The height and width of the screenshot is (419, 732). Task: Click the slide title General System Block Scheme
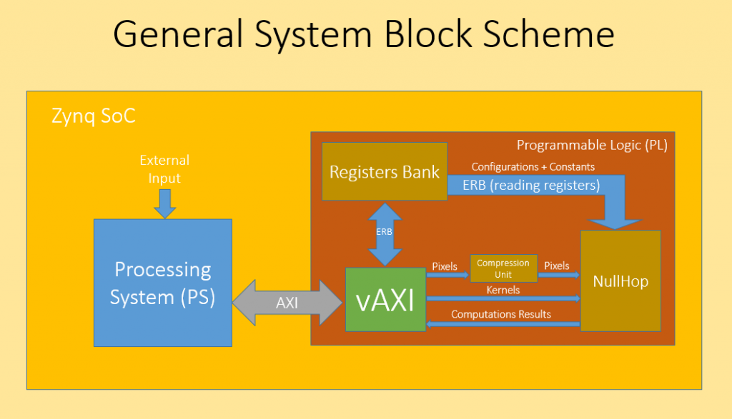point(364,34)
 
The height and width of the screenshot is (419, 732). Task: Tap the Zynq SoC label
point(94,116)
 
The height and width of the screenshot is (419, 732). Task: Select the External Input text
point(164,168)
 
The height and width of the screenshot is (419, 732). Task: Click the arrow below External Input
point(165,203)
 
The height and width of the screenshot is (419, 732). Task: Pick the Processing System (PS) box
point(163,283)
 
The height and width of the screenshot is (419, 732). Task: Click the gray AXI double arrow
point(287,303)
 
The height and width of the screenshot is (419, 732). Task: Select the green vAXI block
point(385,300)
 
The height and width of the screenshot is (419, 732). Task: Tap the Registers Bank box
point(385,171)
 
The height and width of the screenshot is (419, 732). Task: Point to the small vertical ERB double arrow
point(385,234)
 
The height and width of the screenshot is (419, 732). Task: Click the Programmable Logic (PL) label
point(592,146)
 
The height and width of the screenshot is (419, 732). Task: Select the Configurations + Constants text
point(533,167)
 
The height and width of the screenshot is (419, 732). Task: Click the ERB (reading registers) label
point(531,186)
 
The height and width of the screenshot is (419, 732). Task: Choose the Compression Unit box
point(504,268)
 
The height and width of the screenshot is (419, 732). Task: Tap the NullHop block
point(620,281)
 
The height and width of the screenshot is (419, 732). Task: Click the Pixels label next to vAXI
point(445,266)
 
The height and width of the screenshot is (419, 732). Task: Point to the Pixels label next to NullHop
point(556,266)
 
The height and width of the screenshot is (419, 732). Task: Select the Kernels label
point(503,290)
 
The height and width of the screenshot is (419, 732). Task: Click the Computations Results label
point(501,314)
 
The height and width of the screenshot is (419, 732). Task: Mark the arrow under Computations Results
point(503,324)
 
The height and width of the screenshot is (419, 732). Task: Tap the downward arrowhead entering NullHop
point(614,223)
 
